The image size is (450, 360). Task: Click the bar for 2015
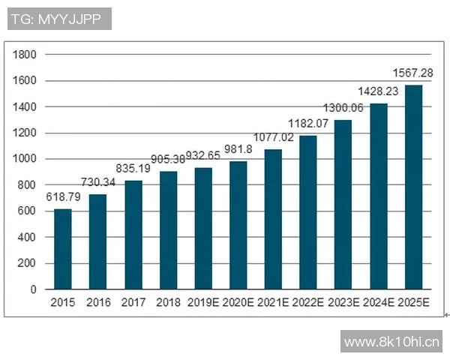click(63, 249)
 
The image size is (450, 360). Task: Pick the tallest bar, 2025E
click(413, 187)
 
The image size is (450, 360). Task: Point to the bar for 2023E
click(343, 205)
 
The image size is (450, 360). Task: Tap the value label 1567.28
click(412, 73)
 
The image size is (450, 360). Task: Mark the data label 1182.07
click(308, 122)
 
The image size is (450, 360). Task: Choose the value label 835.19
click(133, 169)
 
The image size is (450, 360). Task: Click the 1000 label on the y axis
click(25, 159)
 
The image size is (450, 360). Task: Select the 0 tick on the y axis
click(32, 289)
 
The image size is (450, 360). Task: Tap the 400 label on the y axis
click(27, 238)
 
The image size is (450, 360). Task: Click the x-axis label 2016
click(98, 302)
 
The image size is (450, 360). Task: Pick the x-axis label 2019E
click(203, 302)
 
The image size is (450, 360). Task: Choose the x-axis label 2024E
click(379, 302)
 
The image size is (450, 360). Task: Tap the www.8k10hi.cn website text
click(391, 342)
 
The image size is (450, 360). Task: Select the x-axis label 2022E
click(308, 302)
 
